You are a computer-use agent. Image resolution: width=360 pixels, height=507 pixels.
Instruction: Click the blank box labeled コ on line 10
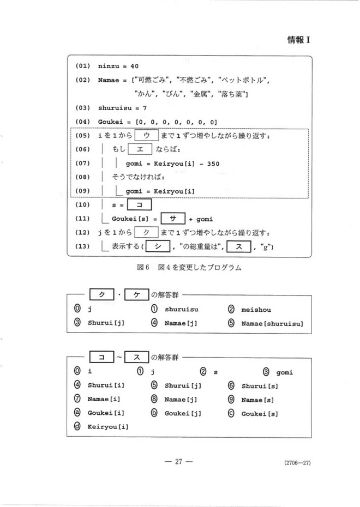point(139,206)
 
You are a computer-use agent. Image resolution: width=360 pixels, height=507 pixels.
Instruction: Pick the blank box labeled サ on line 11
point(173,219)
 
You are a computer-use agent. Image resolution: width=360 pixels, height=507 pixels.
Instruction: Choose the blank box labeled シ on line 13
point(158,247)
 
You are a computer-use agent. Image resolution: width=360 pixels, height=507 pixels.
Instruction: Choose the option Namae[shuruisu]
point(272,322)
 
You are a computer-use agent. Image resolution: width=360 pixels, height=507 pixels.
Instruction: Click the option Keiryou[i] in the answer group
point(107,426)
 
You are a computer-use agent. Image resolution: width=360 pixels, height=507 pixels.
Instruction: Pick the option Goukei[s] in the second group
point(260,413)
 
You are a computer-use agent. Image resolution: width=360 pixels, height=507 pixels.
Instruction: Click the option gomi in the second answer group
point(285,372)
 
